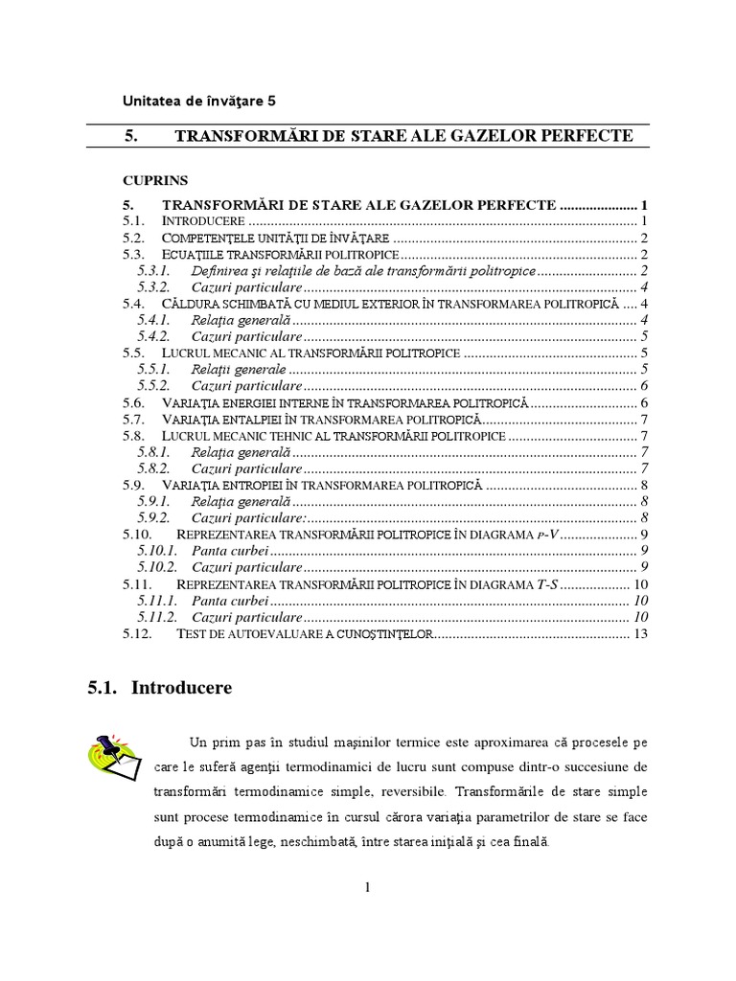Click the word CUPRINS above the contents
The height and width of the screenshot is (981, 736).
155,180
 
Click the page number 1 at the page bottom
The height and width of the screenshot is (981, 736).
367,887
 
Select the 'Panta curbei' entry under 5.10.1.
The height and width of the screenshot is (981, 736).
230,550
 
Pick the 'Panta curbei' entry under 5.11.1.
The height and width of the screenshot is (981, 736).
230,600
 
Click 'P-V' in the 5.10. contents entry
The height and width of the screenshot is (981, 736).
541,534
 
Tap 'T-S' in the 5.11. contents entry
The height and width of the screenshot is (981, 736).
540,583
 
